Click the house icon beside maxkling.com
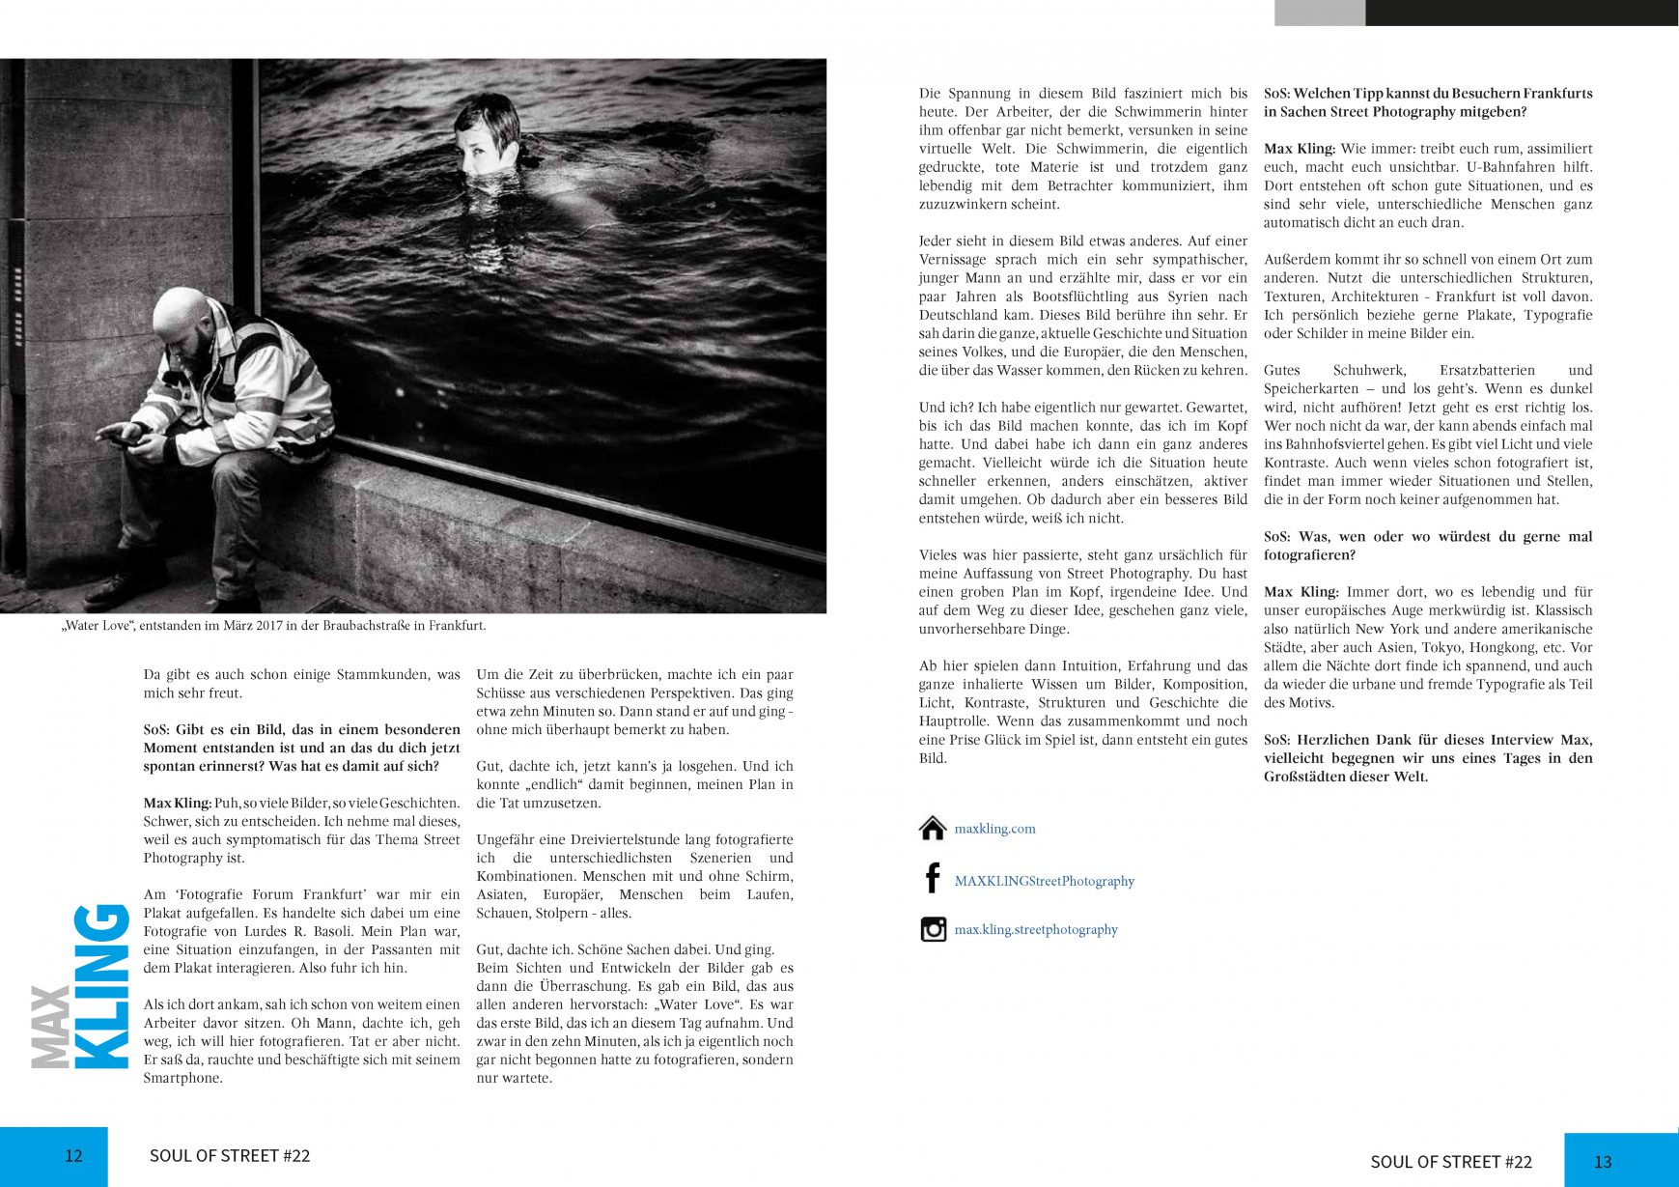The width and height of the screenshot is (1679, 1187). click(933, 829)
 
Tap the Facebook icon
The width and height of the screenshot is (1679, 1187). click(932, 878)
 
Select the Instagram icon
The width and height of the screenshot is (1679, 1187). click(933, 929)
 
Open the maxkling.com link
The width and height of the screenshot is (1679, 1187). click(994, 829)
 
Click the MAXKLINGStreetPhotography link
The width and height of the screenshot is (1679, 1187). click(1044, 881)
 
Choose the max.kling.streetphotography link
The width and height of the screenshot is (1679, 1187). click(1035, 929)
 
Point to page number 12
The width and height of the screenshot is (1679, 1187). click(73, 1155)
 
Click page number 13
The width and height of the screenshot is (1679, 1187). click(1603, 1161)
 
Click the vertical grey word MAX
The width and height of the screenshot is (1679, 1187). click(50, 1028)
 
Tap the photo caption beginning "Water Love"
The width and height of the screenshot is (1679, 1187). click(274, 626)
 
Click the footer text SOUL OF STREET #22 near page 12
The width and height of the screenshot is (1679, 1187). click(230, 1155)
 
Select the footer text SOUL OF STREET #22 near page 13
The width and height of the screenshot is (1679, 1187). click(1450, 1161)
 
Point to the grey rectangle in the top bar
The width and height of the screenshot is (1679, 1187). click(1319, 13)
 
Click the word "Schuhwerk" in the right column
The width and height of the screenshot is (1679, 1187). click(1369, 370)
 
